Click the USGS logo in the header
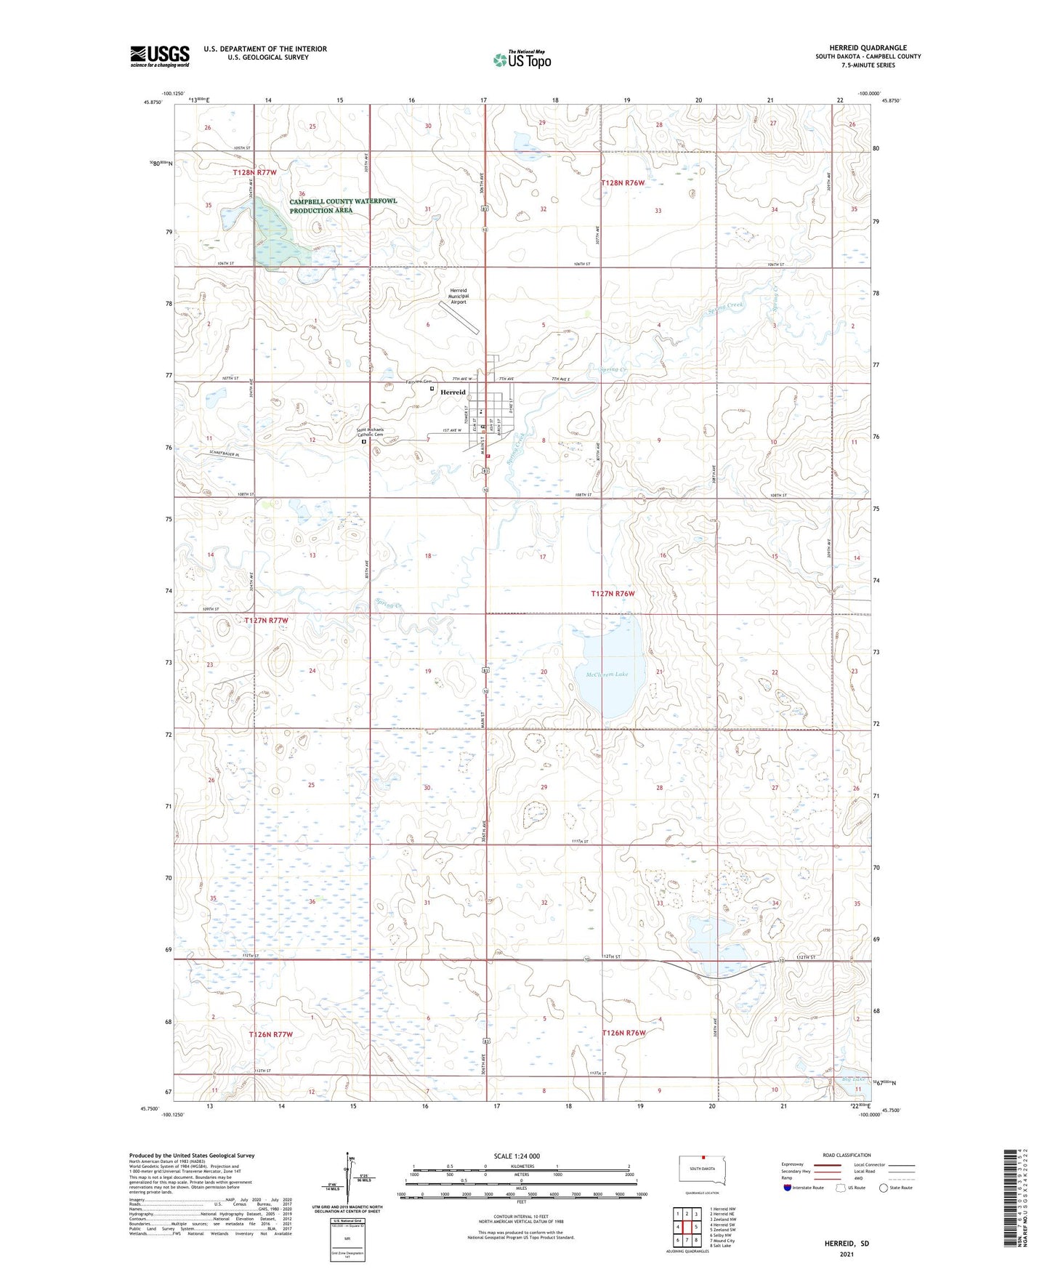point(160,56)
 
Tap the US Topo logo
point(522,59)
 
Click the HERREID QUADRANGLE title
point(868,48)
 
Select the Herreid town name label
point(453,392)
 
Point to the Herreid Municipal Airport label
point(458,296)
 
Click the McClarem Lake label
point(606,674)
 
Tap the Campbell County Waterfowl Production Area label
point(343,206)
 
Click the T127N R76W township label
point(613,594)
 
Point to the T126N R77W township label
point(270,1034)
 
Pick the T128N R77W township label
point(255,172)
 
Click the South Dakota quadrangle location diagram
point(701,1170)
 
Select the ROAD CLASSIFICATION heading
point(847,1156)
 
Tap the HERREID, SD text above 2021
point(847,1244)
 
